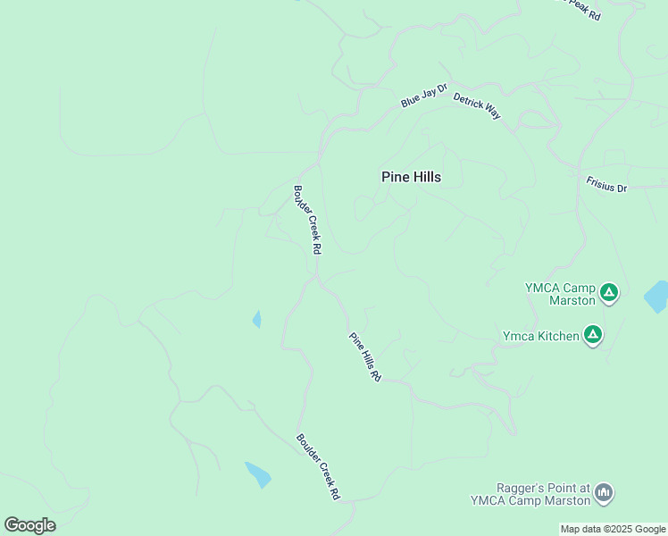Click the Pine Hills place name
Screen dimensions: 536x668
coord(411,177)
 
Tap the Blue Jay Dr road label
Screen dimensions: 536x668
coord(423,96)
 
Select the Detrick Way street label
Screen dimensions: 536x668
coord(477,105)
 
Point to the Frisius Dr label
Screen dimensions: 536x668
coord(607,184)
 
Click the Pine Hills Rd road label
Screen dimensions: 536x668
coord(365,357)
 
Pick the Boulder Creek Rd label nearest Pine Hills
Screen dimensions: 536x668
coord(306,220)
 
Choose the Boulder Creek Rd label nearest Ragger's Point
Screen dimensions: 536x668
coord(319,467)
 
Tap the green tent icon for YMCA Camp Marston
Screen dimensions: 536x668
coord(609,291)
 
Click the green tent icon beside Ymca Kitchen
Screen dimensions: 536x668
coord(592,335)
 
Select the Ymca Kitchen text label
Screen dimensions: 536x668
coord(541,336)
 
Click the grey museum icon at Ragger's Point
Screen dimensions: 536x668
coord(604,492)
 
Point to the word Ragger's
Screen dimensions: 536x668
coord(521,489)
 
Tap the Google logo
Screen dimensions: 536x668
coord(29,525)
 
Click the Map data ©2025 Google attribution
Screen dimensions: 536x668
coord(613,530)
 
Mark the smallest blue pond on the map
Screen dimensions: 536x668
coord(257,319)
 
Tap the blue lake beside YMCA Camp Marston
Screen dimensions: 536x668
coord(656,297)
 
